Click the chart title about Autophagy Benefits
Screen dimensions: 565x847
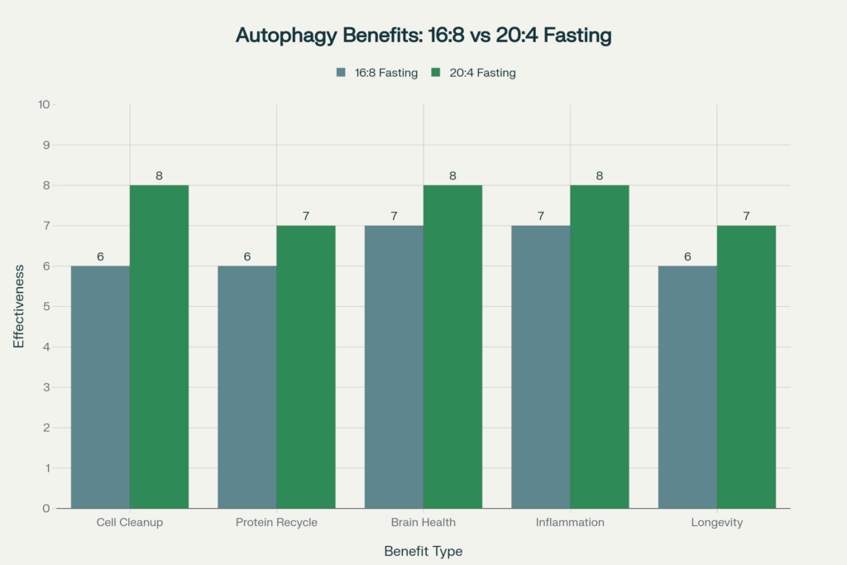423,36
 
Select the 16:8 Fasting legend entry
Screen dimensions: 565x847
376,73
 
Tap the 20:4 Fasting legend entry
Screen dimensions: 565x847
474,73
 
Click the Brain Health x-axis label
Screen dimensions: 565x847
423,523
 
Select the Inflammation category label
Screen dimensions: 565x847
570,523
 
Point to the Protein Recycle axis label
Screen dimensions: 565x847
276,523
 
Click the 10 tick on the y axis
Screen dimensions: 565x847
44,105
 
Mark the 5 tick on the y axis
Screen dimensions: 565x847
46,306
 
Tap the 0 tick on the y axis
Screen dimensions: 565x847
46,508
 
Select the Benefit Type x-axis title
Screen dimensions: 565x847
423,551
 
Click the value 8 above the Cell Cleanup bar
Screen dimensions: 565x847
159,175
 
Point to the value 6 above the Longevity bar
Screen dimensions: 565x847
687,256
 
